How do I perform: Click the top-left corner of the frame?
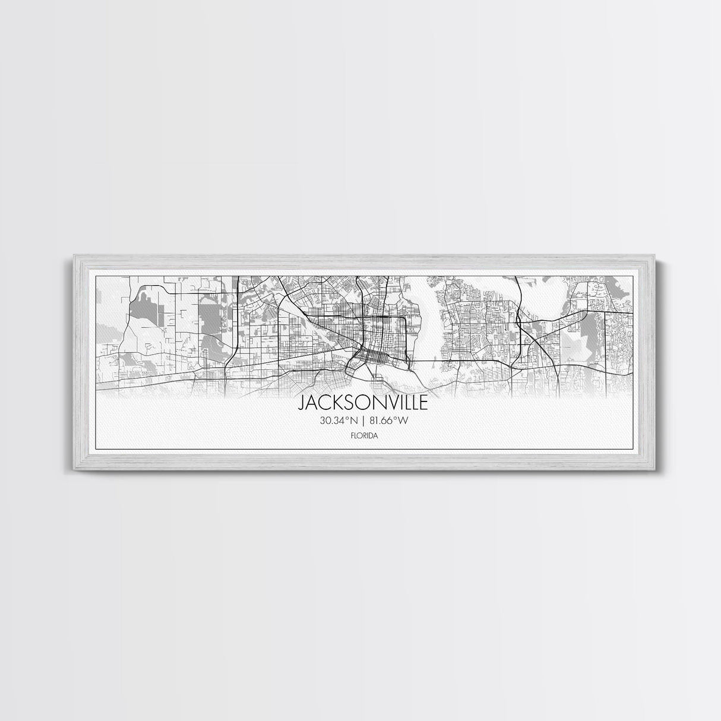[74, 256]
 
